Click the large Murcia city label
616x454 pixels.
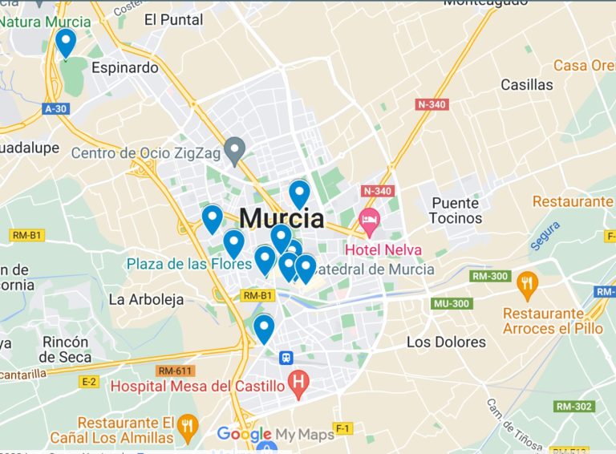point(282,218)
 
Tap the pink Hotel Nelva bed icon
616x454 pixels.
point(369,219)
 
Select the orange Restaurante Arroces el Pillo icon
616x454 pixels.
point(526,282)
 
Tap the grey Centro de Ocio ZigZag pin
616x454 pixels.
point(234,149)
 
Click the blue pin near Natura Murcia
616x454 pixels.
point(66,42)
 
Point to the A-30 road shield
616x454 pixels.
point(55,108)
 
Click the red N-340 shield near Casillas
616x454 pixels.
point(432,104)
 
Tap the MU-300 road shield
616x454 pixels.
point(450,304)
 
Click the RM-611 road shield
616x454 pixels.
point(174,371)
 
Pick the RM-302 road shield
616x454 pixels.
point(574,407)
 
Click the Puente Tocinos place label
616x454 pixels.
point(456,210)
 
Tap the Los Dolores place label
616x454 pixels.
point(446,342)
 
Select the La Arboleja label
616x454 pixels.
point(146,299)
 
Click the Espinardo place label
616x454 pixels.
point(124,67)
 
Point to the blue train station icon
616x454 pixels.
point(286,358)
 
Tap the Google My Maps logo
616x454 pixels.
point(275,435)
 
